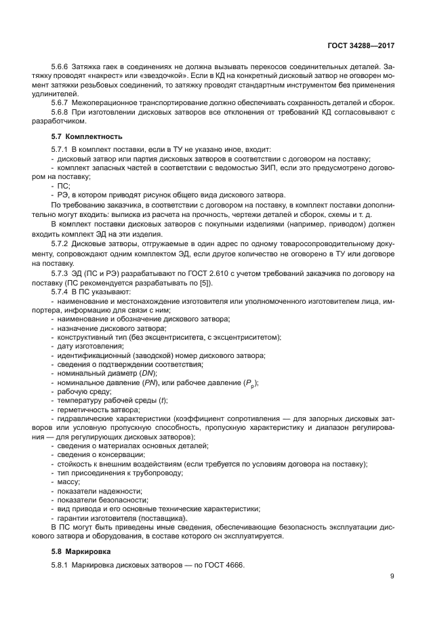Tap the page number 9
(x=392, y=576)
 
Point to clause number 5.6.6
(x=62, y=67)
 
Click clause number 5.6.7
(x=62, y=102)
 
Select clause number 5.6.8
(x=62, y=112)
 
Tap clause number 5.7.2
(x=62, y=243)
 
